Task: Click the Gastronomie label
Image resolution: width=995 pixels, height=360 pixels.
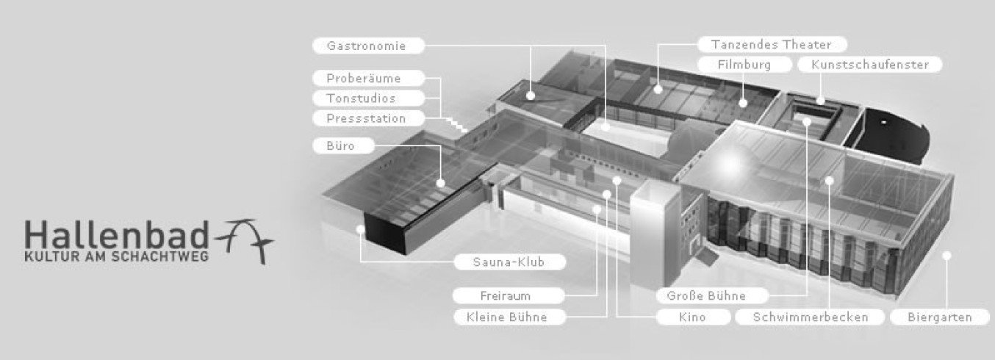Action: click(368, 46)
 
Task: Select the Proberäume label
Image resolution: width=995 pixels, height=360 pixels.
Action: click(368, 78)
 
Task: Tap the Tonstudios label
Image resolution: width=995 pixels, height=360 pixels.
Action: click(368, 98)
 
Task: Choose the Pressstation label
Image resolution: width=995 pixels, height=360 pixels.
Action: click(368, 118)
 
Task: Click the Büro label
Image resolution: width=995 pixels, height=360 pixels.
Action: click(343, 145)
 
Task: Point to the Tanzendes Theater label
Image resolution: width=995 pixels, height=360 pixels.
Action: click(772, 44)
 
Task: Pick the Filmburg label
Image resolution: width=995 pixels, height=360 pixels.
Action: click(744, 65)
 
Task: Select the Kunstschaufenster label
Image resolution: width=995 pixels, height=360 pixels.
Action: click(870, 65)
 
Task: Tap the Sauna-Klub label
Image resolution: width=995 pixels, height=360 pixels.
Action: click(509, 262)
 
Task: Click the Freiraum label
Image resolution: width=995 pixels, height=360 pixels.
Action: click(509, 295)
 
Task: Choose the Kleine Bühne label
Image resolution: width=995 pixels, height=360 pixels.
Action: click(509, 317)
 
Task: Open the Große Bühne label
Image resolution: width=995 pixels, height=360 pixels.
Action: click(712, 295)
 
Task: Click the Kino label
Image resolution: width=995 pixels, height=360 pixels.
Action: click(694, 317)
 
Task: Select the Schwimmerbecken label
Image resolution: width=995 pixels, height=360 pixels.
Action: click(810, 317)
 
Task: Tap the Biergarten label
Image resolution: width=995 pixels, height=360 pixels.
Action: click(940, 317)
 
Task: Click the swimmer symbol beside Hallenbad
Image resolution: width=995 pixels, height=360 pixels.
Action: click(244, 240)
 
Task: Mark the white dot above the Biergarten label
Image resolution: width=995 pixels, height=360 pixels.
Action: click(946, 256)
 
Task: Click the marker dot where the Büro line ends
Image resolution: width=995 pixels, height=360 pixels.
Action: click(441, 183)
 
